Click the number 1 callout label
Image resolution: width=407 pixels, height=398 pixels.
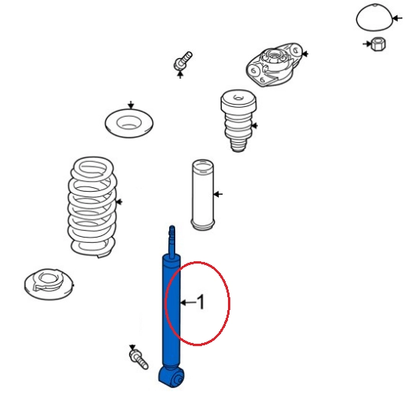tap(201, 302)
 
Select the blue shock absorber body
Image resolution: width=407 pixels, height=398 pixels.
tap(171, 311)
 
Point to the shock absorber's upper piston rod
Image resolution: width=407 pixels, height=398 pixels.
tap(172, 241)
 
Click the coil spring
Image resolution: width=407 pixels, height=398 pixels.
tap(93, 207)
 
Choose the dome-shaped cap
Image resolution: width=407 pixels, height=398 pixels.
tap(374, 18)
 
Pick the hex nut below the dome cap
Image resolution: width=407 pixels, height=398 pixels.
tap(378, 44)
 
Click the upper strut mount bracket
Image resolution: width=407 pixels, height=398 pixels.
tap(274, 65)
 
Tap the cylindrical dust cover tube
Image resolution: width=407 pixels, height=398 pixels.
tap(203, 195)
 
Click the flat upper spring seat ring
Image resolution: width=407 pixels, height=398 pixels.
tap(129, 123)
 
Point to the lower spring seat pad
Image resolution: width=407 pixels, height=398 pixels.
tap(49, 284)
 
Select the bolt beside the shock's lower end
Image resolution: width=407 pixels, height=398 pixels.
tap(138, 358)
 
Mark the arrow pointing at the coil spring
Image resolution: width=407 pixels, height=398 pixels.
tap(119, 202)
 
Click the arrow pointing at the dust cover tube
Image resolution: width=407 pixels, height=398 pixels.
tap(218, 194)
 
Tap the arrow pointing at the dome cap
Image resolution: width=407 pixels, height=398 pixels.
tap(397, 18)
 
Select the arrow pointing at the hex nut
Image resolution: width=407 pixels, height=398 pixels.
tap(367, 44)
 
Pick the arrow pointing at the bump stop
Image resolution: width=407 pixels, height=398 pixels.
tap(254, 126)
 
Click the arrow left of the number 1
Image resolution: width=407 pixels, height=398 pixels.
tap(188, 302)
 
